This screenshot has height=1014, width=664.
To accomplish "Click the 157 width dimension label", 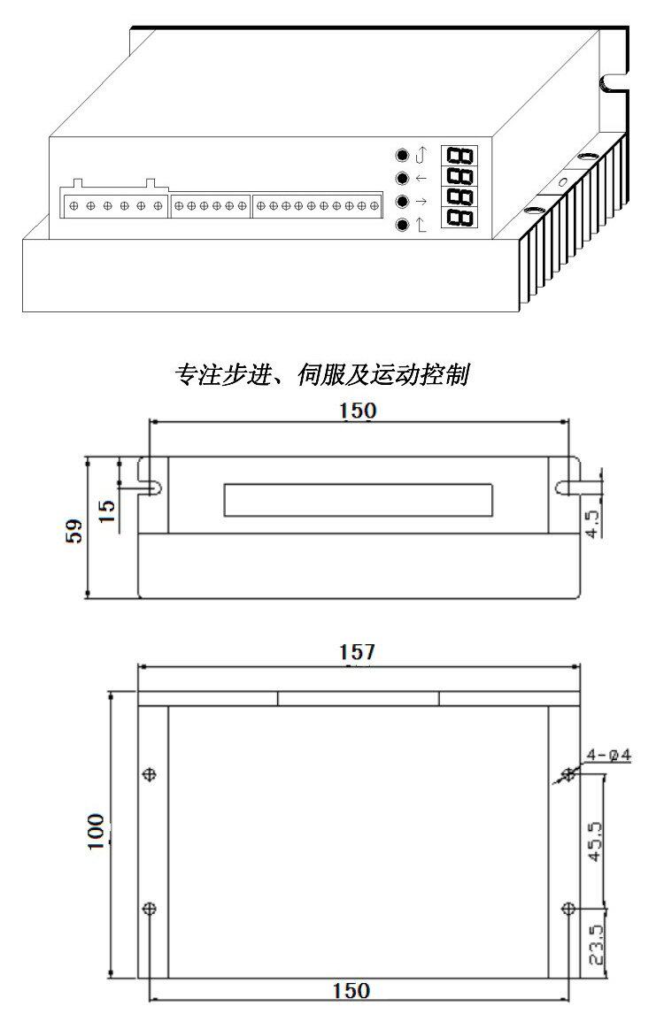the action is [x=357, y=651].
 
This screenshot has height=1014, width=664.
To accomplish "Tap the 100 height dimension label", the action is [x=96, y=832].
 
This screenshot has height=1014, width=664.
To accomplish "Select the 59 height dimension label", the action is [x=74, y=531].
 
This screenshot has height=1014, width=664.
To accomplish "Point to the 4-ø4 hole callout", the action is [x=608, y=755].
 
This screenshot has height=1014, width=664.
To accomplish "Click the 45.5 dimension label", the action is [x=595, y=841].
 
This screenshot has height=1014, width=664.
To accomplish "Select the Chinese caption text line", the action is [x=321, y=374].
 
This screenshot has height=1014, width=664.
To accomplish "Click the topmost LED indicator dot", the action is [x=403, y=155].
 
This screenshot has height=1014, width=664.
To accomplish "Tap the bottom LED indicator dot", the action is [x=403, y=225].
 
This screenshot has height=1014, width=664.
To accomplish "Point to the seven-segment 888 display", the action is [x=459, y=186].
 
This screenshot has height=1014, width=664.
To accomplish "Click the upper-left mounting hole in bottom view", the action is [x=150, y=773].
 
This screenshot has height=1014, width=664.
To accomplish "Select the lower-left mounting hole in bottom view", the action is [x=150, y=908].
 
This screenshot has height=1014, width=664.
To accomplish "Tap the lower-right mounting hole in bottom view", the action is [x=569, y=908].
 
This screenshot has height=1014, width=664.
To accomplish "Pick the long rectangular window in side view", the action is [x=359, y=500].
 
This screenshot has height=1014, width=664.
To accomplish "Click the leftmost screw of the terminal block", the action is [x=73, y=205].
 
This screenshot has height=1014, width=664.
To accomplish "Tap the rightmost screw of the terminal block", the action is [x=374, y=206].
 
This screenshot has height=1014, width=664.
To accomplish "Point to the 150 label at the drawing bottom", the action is [x=351, y=990].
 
